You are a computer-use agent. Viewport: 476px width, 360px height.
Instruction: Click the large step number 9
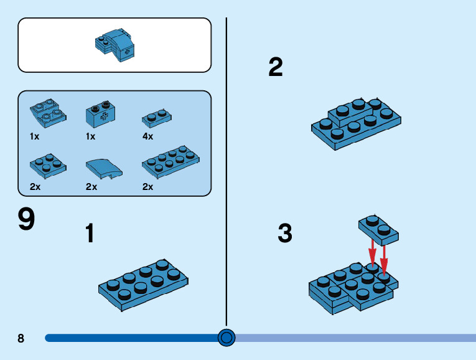26,219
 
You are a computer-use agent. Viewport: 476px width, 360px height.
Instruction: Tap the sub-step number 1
90,233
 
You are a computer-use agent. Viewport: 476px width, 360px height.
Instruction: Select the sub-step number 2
276,67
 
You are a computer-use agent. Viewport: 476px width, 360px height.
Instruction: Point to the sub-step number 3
285,233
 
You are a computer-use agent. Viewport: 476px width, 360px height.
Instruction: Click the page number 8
21,338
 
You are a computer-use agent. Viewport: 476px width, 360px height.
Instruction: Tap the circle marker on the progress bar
226,338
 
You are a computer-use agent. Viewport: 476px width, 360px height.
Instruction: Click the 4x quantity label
148,136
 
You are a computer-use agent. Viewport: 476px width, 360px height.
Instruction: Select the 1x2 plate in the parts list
157,118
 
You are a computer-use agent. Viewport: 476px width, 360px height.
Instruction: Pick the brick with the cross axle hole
100,114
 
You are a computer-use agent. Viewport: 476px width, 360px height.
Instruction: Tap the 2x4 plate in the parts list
170,161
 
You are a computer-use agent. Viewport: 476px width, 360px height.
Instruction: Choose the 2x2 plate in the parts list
48,166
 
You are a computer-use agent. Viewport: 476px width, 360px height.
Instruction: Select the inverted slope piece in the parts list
48,113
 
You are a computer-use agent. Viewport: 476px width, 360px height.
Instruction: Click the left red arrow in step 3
373,253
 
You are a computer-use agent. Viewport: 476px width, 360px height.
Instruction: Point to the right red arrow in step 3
384,260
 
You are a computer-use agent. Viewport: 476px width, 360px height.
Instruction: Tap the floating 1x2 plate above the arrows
378,229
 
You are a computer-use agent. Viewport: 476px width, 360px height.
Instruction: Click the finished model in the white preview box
114,45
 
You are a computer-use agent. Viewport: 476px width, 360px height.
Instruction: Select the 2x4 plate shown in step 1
143,285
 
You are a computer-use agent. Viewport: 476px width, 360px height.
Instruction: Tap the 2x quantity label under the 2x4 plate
148,186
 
